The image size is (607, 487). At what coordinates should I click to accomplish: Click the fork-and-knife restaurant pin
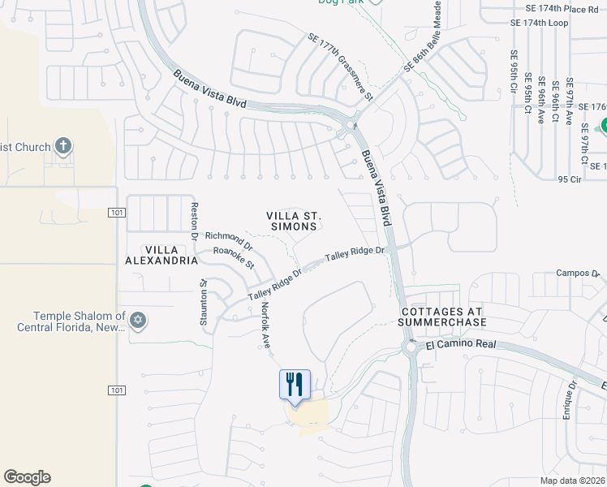(x=295, y=384)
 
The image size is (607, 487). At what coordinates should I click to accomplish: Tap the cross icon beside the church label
(x=63, y=147)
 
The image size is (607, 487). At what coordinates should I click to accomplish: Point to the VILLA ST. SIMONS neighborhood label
(x=295, y=221)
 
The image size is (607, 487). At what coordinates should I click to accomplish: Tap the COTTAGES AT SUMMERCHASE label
(x=441, y=317)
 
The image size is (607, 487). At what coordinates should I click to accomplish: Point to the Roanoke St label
(x=234, y=258)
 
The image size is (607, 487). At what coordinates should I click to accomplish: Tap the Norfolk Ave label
(x=265, y=325)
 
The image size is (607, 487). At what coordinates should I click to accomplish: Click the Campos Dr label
(x=577, y=274)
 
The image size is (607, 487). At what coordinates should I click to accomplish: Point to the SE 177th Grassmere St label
(x=339, y=67)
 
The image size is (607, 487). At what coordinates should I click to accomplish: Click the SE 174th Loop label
(x=540, y=23)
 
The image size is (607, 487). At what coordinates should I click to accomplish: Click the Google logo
(x=27, y=477)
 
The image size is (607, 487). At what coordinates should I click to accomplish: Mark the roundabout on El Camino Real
(x=411, y=348)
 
